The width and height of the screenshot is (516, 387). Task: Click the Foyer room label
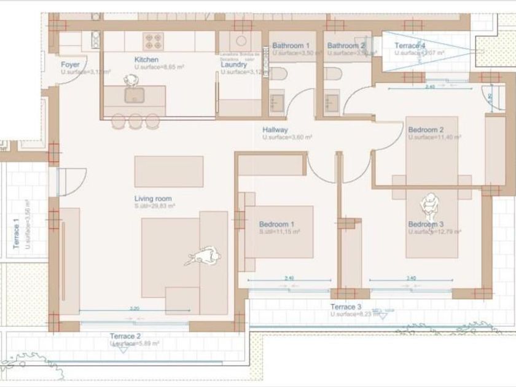click(70, 64)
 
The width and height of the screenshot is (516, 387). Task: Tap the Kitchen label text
click(147, 60)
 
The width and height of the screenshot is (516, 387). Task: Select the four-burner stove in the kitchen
click(153, 41)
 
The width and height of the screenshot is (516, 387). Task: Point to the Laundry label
click(233, 64)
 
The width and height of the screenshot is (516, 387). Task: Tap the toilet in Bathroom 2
click(333, 74)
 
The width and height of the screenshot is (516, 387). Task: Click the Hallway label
click(275, 130)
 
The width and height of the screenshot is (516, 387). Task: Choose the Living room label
click(153, 198)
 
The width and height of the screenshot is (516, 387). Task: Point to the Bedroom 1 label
click(276, 224)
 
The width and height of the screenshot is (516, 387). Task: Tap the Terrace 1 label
click(17, 235)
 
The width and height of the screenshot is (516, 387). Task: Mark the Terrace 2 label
click(125, 336)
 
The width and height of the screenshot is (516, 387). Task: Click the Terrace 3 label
click(346, 307)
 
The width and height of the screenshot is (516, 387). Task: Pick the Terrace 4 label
click(410, 45)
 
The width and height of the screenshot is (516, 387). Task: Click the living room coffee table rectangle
click(169, 171)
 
